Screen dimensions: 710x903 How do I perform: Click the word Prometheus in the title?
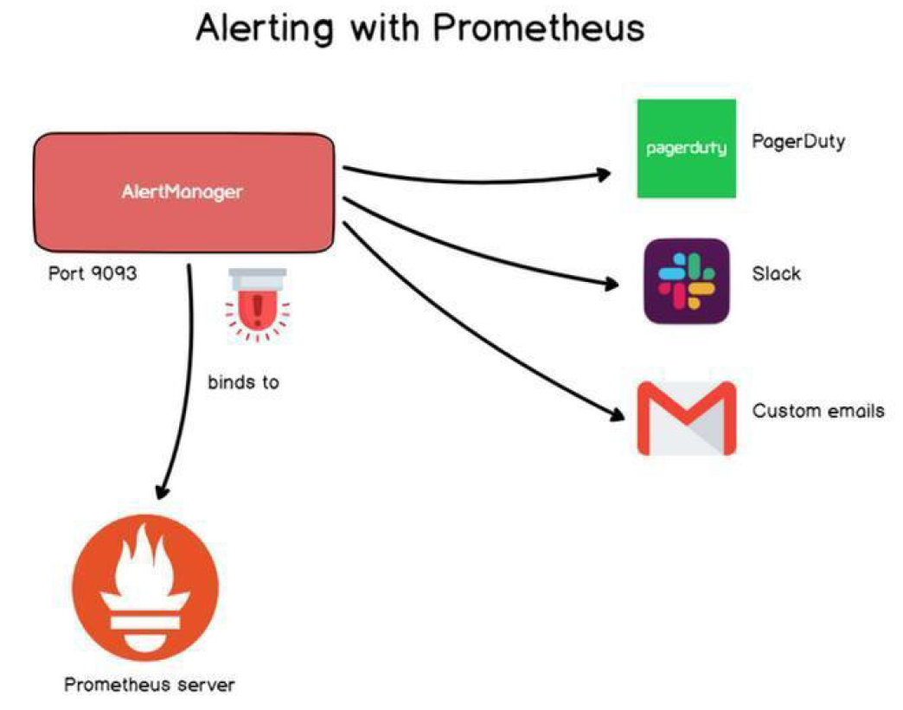538,28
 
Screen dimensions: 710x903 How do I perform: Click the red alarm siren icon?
257,306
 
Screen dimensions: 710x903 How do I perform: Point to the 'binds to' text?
243,381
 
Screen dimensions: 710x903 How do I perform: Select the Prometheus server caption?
150,686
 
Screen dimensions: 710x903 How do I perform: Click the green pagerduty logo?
686,149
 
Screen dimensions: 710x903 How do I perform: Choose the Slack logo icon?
686,281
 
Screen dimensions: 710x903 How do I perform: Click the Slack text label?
777,274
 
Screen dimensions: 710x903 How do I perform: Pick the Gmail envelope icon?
686,418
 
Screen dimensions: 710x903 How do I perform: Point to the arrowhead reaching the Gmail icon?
615,413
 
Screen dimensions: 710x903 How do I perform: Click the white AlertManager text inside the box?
183,192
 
